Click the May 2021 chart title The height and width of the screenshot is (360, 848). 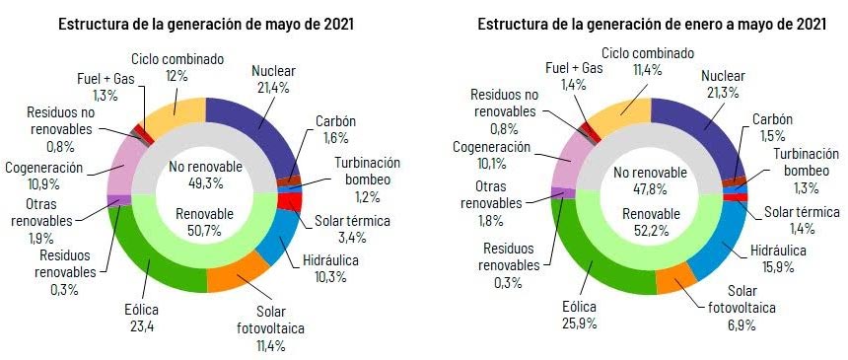point(206,22)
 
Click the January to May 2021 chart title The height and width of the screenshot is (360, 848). point(637,22)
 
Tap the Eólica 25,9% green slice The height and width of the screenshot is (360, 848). point(601,265)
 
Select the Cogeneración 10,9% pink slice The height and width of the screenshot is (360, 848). point(129,164)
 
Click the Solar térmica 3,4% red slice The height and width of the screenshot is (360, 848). point(290,201)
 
